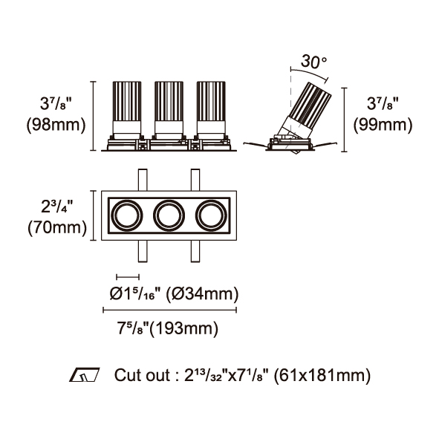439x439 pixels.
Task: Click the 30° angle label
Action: (314, 62)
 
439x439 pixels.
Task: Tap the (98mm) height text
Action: (56, 125)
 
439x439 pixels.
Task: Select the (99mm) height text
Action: (383, 125)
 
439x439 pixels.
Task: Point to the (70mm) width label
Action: (57, 227)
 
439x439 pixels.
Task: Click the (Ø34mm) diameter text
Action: (203, 294)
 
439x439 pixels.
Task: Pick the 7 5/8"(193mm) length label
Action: (167, 328)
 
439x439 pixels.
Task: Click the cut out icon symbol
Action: (85, 374)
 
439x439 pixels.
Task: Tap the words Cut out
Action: (142, 375)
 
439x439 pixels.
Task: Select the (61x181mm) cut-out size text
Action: (322, 375)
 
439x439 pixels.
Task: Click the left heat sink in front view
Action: (127, 101)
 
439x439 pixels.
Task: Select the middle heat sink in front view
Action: (169, 101)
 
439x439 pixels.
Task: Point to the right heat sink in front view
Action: (211, 101)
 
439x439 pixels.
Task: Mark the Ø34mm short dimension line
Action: (128, 277)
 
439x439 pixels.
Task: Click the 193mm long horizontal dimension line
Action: (170, 310)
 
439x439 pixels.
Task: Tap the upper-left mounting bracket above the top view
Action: (143, 180)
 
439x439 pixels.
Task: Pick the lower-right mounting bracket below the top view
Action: (195, 251)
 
